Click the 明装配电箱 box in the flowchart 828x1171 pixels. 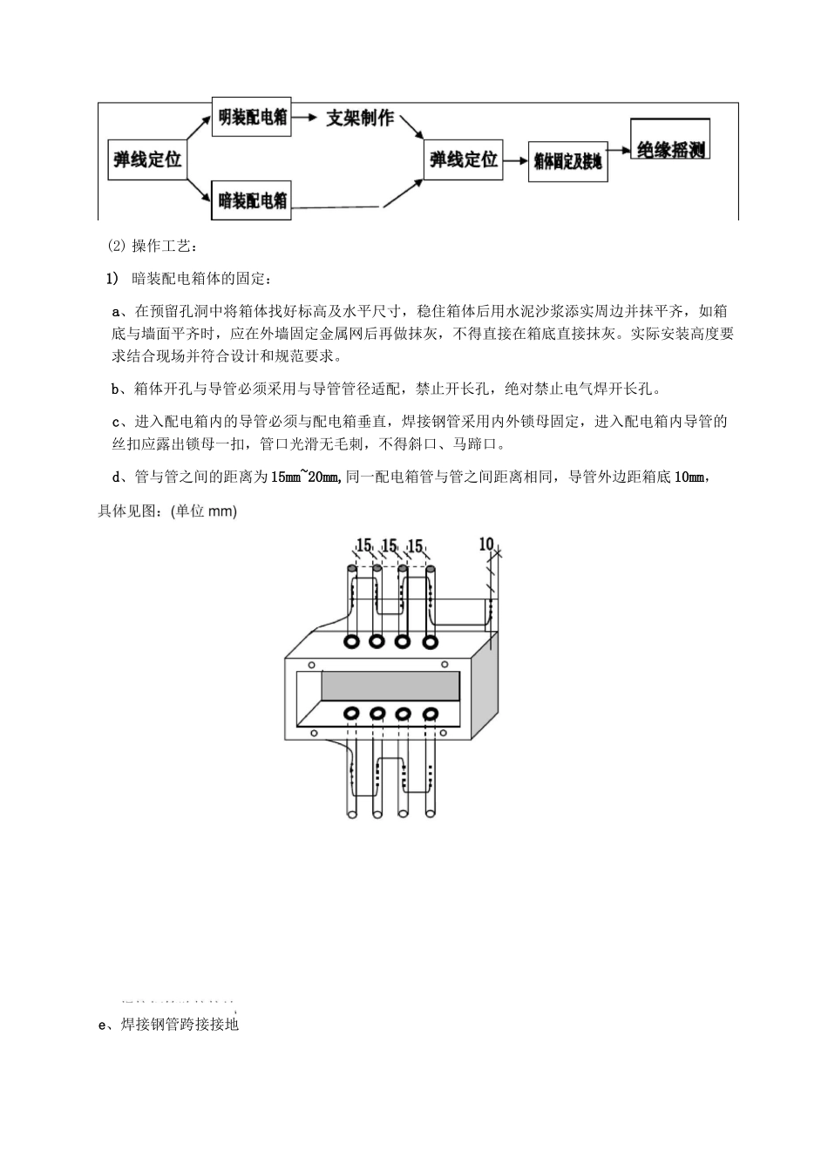(251, 118)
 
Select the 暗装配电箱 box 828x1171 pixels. (251, 201)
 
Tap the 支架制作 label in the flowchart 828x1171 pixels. (359, 118)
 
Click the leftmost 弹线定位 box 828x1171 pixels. (147, 159)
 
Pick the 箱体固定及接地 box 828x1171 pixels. (567, 162)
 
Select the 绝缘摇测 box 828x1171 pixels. (671, 149)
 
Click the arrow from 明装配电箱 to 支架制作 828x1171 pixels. (306, 117)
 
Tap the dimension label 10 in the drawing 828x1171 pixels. (486, 544)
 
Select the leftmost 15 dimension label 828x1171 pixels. (363, 546)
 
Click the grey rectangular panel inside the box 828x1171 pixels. (390, 686)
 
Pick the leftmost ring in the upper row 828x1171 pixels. (351, 642)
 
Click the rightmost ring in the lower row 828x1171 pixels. (430, 714)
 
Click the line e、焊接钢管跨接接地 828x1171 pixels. (171, 1025)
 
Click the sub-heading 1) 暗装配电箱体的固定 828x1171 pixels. (188, 279)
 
